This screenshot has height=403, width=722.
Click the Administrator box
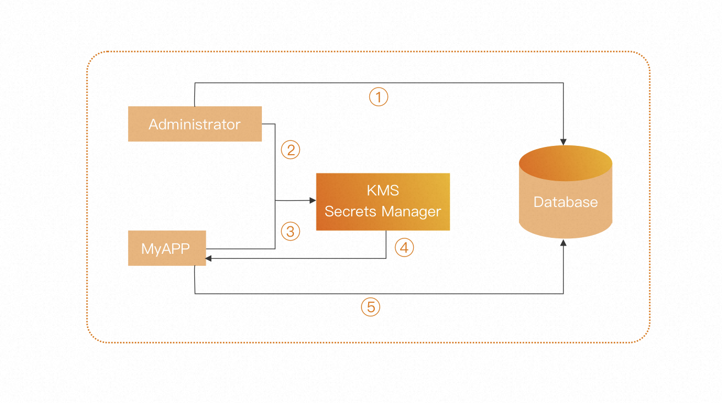coord(195,124)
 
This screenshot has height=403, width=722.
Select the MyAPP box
coord(167,248)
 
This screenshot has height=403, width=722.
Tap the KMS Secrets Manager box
coord(383,201)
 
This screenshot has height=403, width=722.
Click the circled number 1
coord(379,97)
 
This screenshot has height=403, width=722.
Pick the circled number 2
coord(291,150)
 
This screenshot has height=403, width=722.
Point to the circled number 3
coord(291,232)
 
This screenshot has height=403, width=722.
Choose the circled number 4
coord(404,248)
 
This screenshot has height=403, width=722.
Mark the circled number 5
coord(371,307)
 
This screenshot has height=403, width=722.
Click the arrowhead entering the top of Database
coord(563,141)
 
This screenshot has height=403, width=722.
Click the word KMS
coord(382,191)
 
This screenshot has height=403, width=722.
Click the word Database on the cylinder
coord(566,202)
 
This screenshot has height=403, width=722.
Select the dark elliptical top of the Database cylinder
coord(566,163)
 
